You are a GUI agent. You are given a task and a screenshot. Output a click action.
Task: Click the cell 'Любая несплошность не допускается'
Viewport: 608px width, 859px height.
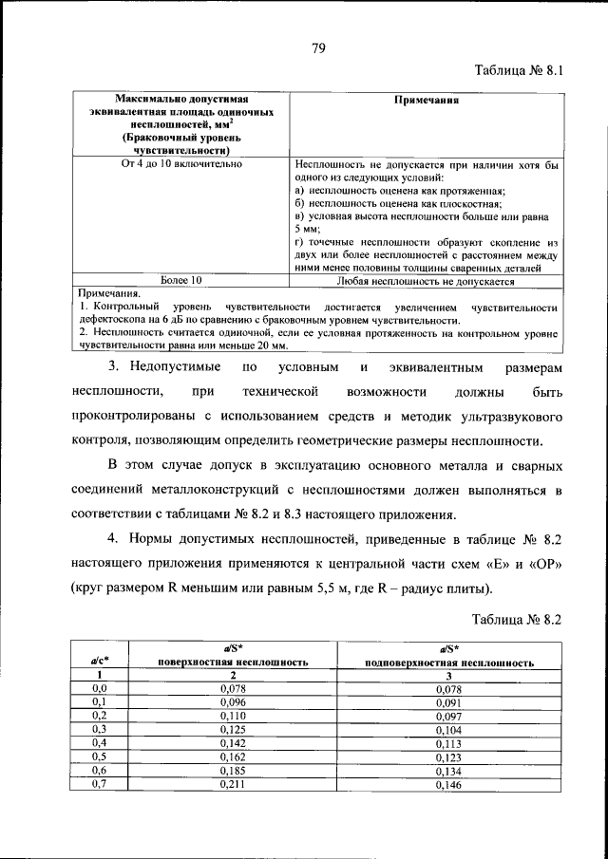(x=426, y=282)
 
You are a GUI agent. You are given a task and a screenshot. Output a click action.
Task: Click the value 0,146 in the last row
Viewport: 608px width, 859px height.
(x=447, y=785)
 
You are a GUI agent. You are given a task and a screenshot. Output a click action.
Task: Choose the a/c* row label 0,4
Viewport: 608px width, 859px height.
(x=99, y=744)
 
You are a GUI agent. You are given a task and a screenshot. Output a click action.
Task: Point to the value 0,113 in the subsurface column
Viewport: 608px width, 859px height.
(x=447, y=744)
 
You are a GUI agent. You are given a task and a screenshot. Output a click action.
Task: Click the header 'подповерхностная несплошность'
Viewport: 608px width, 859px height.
(x=447, y=663)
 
